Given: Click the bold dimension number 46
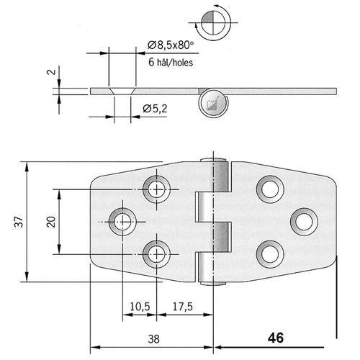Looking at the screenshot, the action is pyautogui.click(x=276, y=338).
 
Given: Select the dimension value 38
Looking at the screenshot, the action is pyautogui.click(x=153, y=339).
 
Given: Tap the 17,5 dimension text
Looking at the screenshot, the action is pyautogui.click(x=183, y=307).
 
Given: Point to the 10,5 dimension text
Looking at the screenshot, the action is pyautogui.click(x=140, y=307).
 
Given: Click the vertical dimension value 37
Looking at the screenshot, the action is pyautogui.click(x=19, y=222).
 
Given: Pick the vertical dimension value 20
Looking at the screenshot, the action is pyautogui.click(x=51, y=222).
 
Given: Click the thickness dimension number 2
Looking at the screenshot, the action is pyautogui.click(x=51, y=72).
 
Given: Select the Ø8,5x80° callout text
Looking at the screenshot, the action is pyautogui.click(x=171, y=45).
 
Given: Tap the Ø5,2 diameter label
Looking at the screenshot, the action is pyautogui.click(x=155, y=109).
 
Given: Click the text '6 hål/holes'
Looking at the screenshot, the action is pyautogui.click(x=171, y=63).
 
